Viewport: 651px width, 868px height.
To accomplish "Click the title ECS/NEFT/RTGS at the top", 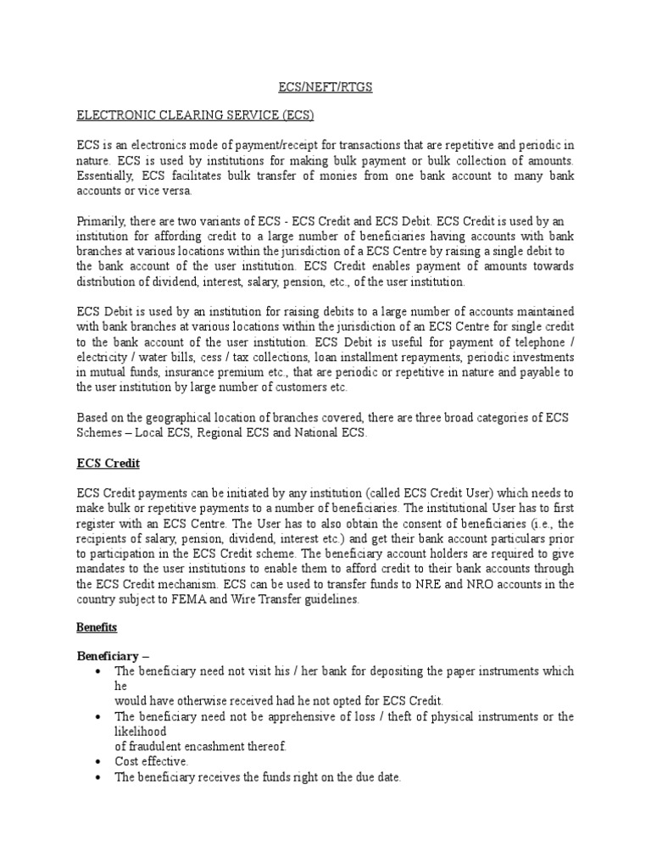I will point(325,86).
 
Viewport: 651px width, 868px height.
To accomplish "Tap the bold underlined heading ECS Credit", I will point(108,464).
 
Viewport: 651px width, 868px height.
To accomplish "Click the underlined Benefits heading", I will point(97,628).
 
